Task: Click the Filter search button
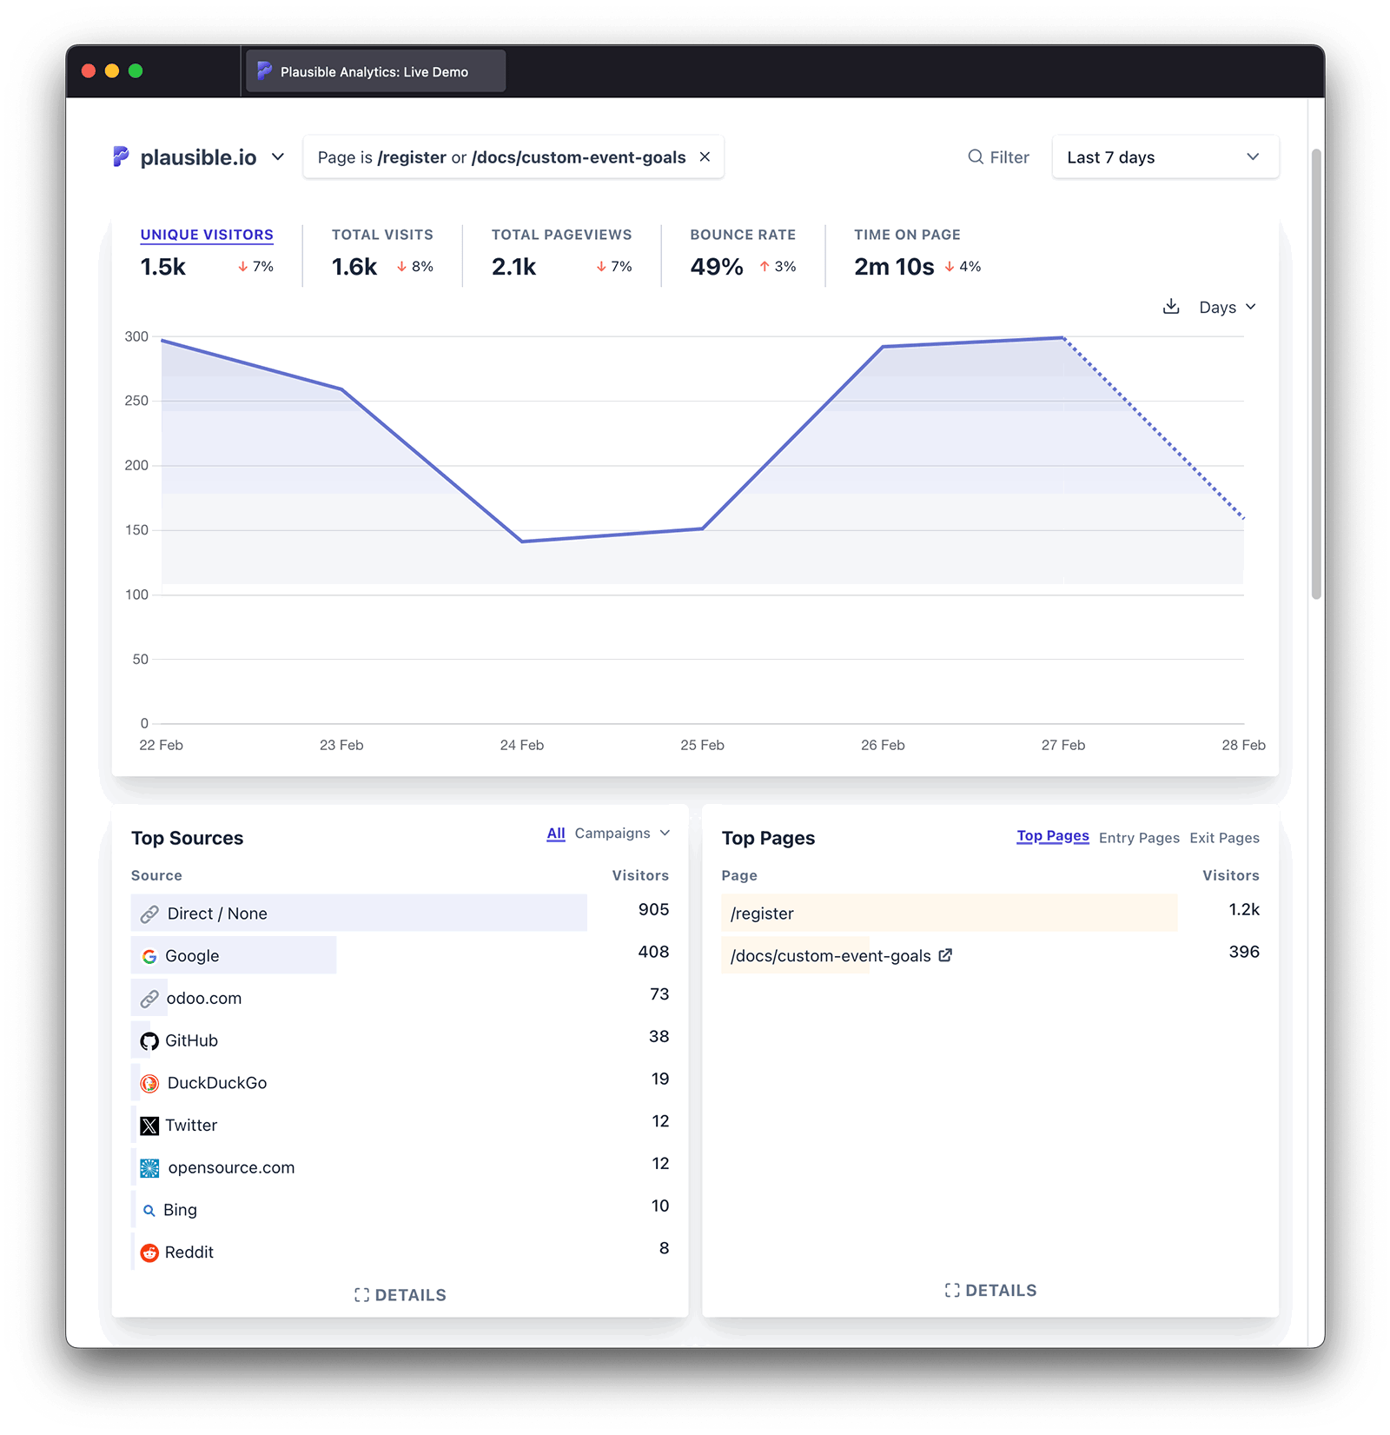(998, 157)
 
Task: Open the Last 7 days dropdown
(1164, 157)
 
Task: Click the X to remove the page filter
(705, 156)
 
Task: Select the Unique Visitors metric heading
(207, 235)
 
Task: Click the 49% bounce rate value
(716, 267)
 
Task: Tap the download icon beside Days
(1171, 307)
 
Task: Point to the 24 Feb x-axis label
(521, 745)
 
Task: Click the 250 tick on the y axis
(136, 401)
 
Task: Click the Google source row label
(192, 956)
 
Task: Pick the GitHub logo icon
(149, 1041)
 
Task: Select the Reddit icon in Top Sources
(149, 1252)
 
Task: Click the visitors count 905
(653, 910)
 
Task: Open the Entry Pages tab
(1139, 838)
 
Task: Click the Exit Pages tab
(1224, 838)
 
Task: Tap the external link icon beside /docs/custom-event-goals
(945, 955)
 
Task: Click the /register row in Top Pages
(763, 913)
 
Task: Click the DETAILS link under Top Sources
(400, 1295)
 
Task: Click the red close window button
(89, 71)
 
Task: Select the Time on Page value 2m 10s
(894, 267)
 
